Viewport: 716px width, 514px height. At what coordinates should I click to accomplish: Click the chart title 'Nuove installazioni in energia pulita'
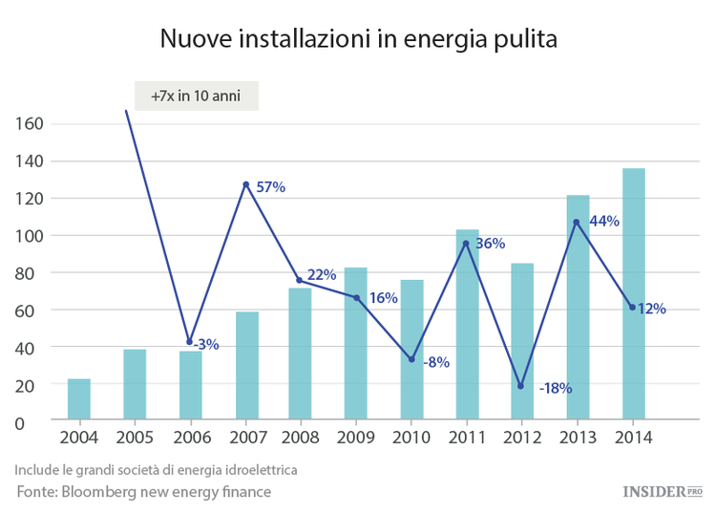pos(357,39)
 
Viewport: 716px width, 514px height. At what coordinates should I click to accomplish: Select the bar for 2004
pos(79,399)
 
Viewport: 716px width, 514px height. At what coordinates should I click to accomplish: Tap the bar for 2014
pos(634,293)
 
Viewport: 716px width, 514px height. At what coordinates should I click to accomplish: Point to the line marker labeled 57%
pos(246,184)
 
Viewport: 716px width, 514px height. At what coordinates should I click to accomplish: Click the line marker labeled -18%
pos(521,386)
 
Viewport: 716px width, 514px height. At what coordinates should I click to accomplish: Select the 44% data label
pos(604,221)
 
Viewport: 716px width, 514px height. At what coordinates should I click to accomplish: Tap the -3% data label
pos(206,344)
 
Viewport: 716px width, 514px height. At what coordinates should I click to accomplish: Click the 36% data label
pos(490,244)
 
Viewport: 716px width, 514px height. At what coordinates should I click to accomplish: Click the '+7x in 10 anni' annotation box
pos(196,96)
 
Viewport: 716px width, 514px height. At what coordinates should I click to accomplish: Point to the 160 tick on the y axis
pos(31,124)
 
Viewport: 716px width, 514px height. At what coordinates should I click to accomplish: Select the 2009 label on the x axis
pos(356,438)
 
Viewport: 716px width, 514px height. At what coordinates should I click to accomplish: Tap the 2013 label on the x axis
pos(578,438)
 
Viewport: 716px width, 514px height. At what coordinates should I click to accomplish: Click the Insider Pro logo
pos(662,491)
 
